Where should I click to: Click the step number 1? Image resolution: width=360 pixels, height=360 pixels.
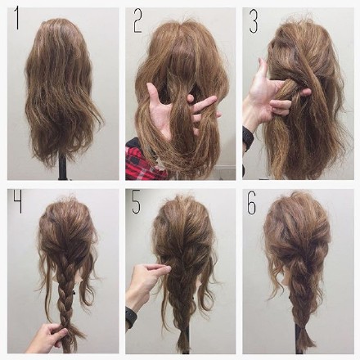pos(17,19)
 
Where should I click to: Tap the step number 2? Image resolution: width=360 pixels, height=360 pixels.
pos(137,22)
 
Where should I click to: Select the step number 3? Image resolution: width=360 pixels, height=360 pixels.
pos(254,22)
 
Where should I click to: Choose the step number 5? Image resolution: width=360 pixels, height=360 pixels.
pos(136,202)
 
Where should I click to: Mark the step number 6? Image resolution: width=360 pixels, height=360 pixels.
pos(252,202)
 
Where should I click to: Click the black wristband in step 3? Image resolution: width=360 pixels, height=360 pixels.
pos(247,138)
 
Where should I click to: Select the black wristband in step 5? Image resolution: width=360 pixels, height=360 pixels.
pos(131,317)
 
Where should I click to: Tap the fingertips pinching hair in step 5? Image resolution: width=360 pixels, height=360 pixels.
pos(165,269)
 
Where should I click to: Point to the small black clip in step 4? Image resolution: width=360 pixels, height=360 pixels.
pos(74,293)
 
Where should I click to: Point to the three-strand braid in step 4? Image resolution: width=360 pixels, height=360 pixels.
pos(65,292)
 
